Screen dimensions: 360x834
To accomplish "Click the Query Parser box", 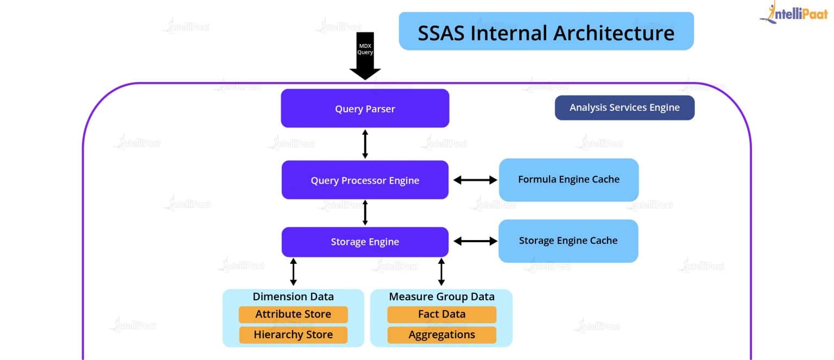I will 365,109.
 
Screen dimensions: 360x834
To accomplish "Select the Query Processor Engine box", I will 365,180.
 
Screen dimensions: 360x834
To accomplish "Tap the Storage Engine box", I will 365,242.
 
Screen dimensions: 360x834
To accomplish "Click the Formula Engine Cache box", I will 568,180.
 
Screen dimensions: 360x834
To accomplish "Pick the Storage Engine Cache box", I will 568,241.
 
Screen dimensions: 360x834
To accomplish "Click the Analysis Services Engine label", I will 624,108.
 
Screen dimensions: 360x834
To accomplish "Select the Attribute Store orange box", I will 293,314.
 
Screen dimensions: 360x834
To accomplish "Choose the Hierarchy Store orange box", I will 293,335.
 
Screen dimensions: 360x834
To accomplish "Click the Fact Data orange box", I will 441,314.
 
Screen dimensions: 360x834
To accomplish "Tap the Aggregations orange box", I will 441,335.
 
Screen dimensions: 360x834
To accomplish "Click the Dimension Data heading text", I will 293,296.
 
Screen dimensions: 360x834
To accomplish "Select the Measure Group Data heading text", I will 441,296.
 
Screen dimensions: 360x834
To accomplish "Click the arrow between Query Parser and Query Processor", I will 365,144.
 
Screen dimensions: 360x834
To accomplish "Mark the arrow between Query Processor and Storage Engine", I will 365,212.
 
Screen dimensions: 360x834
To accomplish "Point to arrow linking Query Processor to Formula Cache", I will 475,180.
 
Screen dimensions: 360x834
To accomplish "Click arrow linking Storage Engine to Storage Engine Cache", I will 475,241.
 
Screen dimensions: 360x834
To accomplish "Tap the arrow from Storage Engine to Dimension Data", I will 293,272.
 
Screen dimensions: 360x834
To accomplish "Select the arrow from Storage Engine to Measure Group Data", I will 441,272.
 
